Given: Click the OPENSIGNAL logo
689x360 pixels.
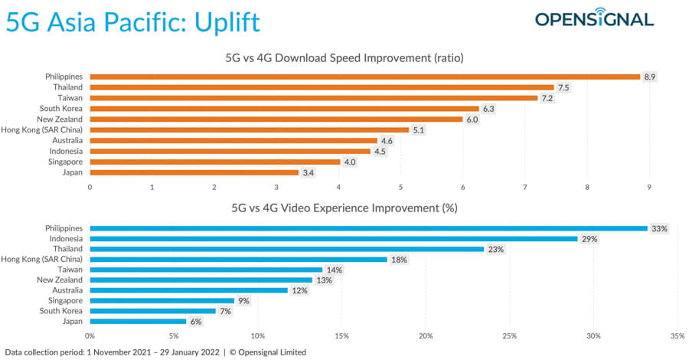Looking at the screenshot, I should [x=594, y=19].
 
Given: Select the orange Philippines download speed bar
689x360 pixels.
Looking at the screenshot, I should [x=364, y=77].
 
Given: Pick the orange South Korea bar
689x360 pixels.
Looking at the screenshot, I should [x=284, y=109].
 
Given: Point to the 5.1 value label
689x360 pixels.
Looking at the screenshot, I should [x=419, y=130].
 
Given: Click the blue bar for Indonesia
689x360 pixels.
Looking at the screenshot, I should [x=334, y=238].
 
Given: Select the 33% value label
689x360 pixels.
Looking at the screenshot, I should [x=658, y=228].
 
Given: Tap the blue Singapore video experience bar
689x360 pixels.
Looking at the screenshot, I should [x=162, y=301].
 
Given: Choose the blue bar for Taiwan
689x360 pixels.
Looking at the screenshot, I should [x=206, y=270].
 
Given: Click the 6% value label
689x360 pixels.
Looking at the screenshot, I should [x=196, y=322].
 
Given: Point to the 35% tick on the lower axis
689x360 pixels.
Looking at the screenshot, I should [x=676, y=336].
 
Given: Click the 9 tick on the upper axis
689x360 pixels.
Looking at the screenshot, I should [x=649, y=187].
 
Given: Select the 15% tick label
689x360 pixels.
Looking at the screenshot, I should [x=341, y=336].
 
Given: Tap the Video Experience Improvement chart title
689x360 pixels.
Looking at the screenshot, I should [x=350, y=208].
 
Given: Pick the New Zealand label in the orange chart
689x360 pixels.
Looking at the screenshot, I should [x=62, y=119].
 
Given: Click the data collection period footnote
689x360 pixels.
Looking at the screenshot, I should [x=155, y=352].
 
